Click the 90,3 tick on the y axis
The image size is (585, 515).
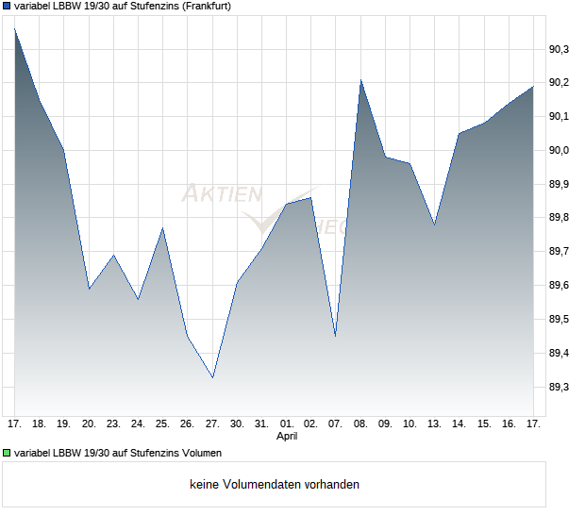pyautogui.click(x=559, y=48)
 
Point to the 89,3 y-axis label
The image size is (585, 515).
pyautogui.click(x=559, y=388)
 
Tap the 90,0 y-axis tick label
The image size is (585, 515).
pyautogui.click(x=559, y=150)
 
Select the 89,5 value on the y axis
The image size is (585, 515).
pyautogui.click(x=559, y=320)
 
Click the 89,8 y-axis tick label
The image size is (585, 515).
pyautogui.click(x=559, y=218)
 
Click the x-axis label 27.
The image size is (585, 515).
pyautogui.click(x=212, y=424)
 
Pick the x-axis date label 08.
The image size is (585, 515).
pyautogui.click(x=360, y=424)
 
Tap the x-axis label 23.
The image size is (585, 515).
pyautogui.click(x=113, y=424)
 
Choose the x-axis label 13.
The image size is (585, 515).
pyautogui.click(x=434, y=424)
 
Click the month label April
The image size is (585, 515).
pyautogui.click(x=287, y=437)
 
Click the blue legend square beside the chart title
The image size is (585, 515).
pyautogui.click(x=8, y=6)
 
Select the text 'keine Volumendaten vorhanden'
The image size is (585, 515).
pyautogui.click(x=274, y=485)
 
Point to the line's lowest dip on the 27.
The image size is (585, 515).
pyautogui.click(x=212, y=377)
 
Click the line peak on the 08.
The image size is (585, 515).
pyautogui.click(x=360, y=80)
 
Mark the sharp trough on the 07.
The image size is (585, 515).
pyautogui.click(x=335, y=336)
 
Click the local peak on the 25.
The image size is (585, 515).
pyautogui.click(x=162, y=228)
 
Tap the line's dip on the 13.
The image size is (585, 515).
pyautogui.click(x=434, y=224)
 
